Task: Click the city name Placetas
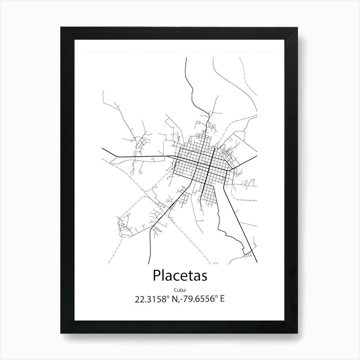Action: [x=180, y=276]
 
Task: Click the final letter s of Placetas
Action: [x=204, y=277]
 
